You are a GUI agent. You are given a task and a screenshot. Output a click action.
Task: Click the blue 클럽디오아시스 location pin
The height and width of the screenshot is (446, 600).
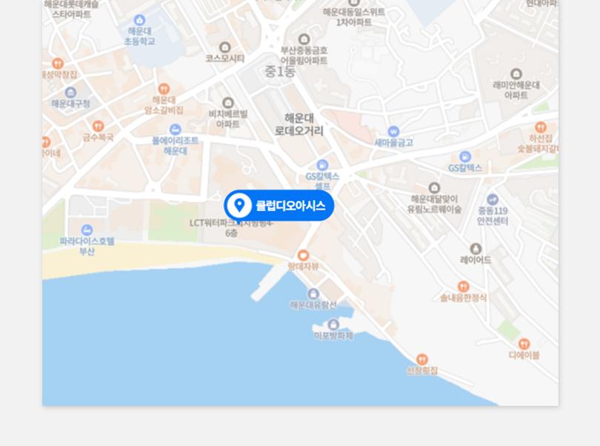[x=239, y=205]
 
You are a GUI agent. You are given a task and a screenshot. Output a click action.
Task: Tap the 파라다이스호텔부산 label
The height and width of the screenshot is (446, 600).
[x=87, y=246]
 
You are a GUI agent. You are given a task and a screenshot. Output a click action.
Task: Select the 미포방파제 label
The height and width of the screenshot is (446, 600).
[x=333, y=336]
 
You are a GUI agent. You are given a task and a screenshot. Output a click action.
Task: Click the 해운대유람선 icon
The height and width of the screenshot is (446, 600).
[x=313, y=294]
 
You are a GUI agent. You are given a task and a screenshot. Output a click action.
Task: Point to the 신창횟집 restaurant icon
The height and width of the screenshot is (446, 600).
[x=422, y=359]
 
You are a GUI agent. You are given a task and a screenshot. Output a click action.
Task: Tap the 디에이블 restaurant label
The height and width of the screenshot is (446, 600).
[x=524, y=355]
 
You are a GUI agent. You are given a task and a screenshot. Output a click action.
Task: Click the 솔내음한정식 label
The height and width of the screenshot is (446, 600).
[x=463, y=298]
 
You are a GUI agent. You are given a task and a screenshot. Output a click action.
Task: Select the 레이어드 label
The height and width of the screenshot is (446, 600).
[x=476, y=260]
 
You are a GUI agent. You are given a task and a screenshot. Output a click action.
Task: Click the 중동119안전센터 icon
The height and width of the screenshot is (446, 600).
[x=493, y=199]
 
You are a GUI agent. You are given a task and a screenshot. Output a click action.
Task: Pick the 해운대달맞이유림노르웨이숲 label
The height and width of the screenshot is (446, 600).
[x=434, y=204]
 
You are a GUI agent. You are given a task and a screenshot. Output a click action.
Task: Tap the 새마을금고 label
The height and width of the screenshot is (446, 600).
[x=393, y=142]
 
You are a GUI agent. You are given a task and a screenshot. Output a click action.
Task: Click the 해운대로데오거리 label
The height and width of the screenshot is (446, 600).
[x=299, y=124]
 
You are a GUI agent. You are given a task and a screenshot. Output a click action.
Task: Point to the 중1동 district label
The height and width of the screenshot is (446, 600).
[x=280, y=72]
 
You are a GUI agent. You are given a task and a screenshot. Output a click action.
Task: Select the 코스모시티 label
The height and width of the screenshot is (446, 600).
[x=224, y=59]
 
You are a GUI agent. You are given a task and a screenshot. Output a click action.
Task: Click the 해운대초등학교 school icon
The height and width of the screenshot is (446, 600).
[x=139, y=21]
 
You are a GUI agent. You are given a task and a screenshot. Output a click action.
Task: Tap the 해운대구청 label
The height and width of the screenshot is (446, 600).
[x=70, y=104]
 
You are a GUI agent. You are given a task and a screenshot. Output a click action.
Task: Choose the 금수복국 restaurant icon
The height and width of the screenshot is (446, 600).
[x=98, y=126]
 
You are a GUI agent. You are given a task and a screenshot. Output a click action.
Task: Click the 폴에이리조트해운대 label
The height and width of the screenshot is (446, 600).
[x=176, y=145]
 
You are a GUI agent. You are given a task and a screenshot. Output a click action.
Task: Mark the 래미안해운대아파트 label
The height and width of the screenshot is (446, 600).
[x=516, y=90]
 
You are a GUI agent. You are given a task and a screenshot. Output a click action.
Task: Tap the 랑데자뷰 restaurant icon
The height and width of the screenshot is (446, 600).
[x=303, y=256]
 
